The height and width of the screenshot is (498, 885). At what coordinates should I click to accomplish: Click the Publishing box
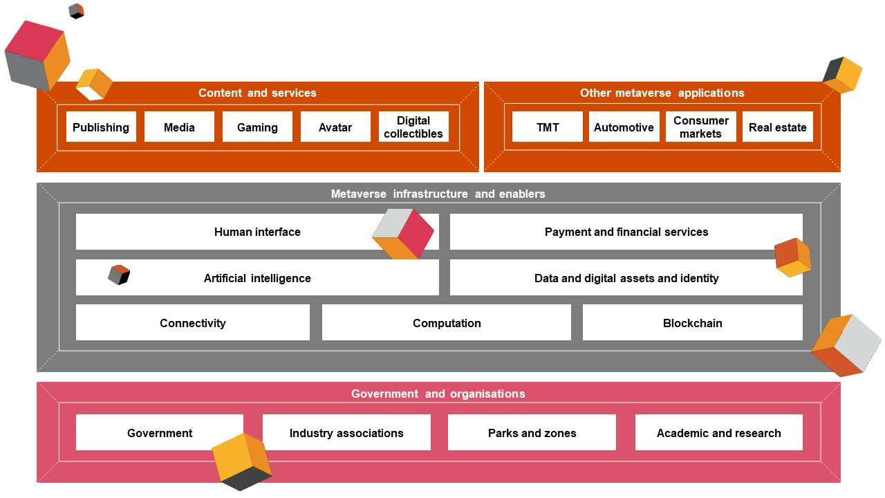coord(101,127)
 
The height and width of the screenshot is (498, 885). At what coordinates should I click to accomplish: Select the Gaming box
coord(257,127)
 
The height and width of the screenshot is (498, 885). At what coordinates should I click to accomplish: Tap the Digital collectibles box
coord(413,127)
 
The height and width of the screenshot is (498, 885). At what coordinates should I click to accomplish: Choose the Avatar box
coord(335,127)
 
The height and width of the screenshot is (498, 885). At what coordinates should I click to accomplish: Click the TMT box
coord(548,127)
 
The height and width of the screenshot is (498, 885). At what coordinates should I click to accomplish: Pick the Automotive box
coord(624,127)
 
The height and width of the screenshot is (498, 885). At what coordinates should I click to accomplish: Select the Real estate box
coord(777,127)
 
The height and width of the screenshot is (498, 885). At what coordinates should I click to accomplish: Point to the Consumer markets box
coord(700,127)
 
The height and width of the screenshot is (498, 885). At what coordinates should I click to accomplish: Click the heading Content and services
coord(257,93)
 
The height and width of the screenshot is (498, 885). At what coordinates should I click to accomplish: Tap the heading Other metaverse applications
coord(662,93)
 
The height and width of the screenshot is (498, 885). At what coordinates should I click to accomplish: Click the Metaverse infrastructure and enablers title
coord(438,194)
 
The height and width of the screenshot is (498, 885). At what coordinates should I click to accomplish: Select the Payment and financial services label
coord(626,232)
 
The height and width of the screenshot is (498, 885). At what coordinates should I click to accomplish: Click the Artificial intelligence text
coord(257,279)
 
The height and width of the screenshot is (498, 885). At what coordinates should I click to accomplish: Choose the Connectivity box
coord(193,323)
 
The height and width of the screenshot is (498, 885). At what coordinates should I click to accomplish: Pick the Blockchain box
coord(692,323)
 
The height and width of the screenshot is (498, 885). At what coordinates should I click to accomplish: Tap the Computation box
coord(447,323)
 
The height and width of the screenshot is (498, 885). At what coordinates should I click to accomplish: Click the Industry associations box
coord(346,433)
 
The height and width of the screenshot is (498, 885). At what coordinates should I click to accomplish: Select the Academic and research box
coord(718,433)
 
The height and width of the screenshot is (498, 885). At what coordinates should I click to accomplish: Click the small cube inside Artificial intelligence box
coord(119,275)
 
